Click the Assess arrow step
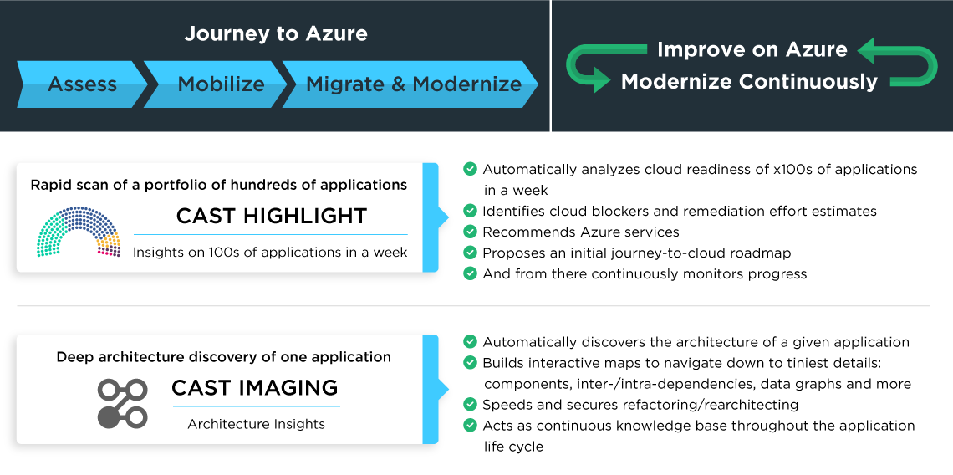82,84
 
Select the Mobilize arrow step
217,84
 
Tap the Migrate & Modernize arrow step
410,84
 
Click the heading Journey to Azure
276,33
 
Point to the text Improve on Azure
752,49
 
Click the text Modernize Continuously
749,81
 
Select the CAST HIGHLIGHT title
271,215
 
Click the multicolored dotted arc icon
78,232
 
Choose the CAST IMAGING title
255,387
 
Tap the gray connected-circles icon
122,403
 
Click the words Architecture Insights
256,424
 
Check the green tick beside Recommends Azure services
470,232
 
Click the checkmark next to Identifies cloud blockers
470,211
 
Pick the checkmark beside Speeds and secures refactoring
470,404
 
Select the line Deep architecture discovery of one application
224,357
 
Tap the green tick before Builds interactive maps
470,362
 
